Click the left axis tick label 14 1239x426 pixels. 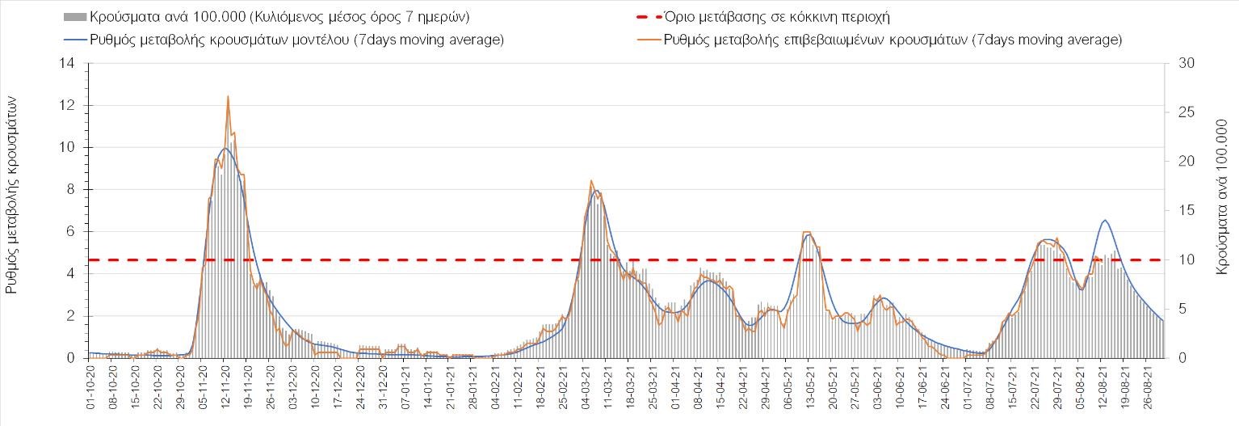71,63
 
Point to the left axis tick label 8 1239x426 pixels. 74,190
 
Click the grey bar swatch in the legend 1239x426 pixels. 74,17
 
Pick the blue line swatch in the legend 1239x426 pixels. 74,40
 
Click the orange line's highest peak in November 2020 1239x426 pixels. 228,96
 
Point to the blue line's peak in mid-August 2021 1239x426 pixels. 1105,220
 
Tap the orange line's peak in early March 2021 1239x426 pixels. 591,180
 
